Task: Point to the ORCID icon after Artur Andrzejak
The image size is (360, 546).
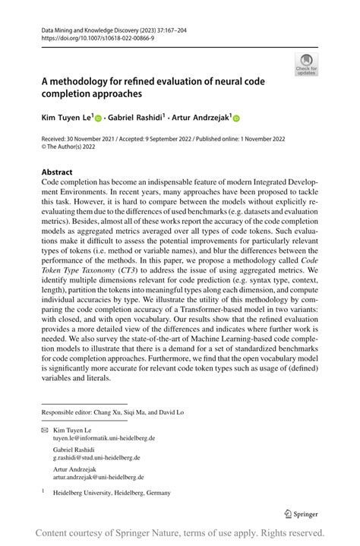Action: pos(235,118)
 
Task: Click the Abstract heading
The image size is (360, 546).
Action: pos(57,172)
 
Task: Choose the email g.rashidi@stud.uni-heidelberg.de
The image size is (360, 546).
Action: pos(96,458)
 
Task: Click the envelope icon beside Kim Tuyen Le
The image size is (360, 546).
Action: pos(45,430)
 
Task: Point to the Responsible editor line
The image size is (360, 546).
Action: pos(112,412)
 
